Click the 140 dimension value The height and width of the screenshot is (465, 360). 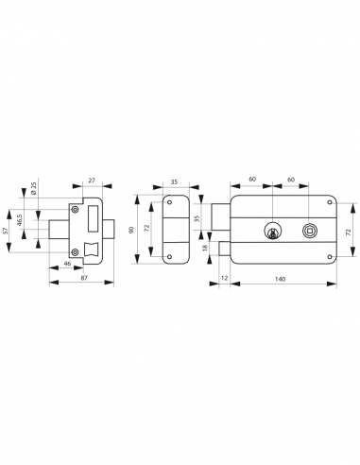pos(280,279)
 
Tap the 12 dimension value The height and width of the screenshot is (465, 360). pos(224,278)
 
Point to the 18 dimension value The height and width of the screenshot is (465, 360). pos(205,248)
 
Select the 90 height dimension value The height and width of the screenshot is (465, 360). pos(131,230)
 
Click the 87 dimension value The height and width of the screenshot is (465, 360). pos(84,277)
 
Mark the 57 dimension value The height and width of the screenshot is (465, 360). pos(5,231)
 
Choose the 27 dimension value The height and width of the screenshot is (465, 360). pos(92,181)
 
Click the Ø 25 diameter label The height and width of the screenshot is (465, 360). pos(34,188)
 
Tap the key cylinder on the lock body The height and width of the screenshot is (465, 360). pos(271,231)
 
